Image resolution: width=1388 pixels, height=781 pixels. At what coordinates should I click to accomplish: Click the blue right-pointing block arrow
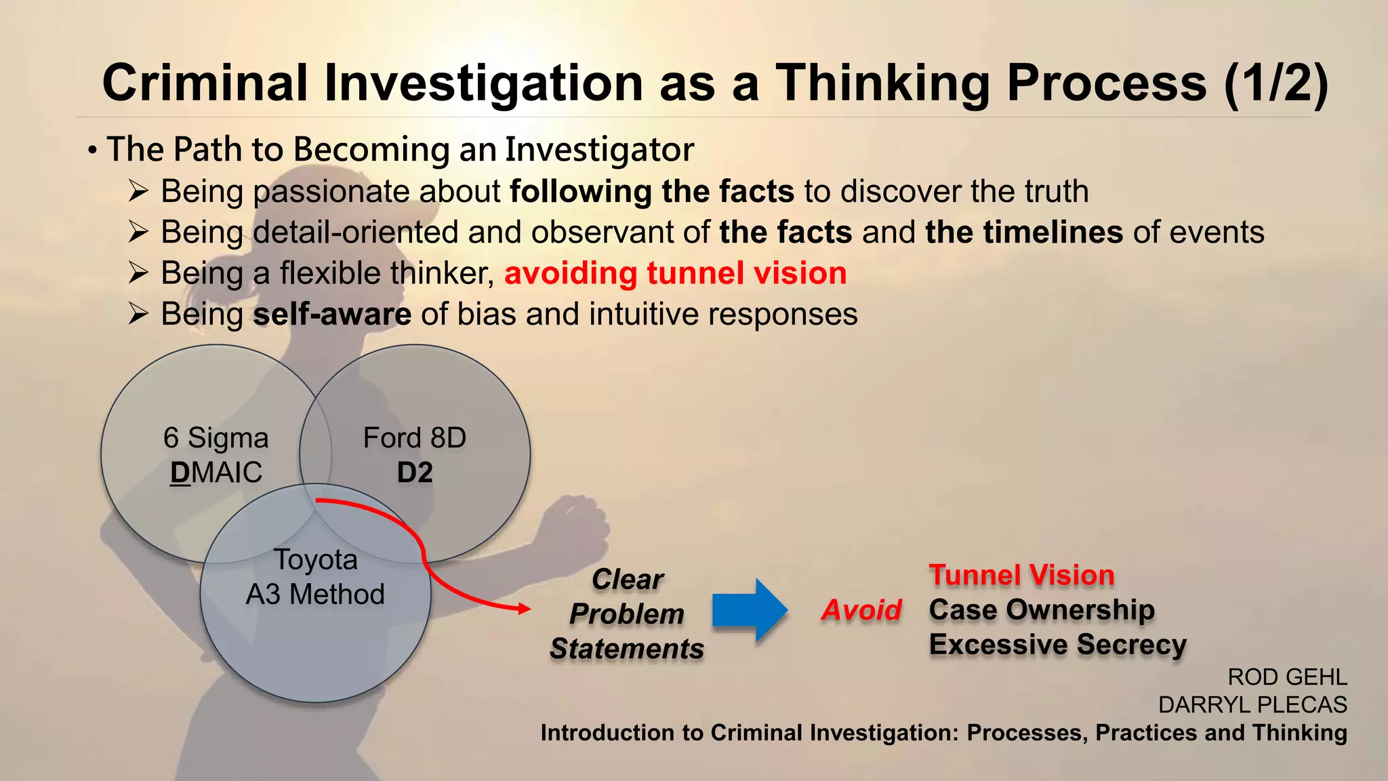click(x=749, y=609)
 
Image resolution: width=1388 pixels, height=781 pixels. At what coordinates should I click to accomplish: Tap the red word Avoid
click(x=861, y=610)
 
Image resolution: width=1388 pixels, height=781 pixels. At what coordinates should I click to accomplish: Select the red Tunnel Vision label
click(x=1021, y=575)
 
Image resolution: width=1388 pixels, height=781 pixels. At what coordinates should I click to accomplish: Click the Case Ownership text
click(x=1042, y=609)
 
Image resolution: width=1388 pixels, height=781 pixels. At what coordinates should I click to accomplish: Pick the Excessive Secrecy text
click(x=1057, y=644)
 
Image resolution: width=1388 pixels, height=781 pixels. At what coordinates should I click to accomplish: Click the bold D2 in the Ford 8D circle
click(x=415, y=473)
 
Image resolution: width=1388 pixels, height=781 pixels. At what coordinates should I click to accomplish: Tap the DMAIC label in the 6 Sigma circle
click(x=216, y=473)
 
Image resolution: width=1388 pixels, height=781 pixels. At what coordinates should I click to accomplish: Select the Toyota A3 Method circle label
click(x=315, y=577)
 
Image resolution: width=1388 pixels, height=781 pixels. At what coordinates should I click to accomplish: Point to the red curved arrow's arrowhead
click(x=525, y=608)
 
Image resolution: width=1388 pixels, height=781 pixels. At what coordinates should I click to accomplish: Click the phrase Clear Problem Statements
click(x=627, y=614)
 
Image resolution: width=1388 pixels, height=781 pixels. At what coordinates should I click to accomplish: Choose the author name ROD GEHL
click(x=1287, y=677)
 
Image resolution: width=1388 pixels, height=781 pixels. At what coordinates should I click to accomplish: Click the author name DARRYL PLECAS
click(x=1252, y=704)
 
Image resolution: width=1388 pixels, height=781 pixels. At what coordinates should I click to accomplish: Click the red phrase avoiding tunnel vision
click(x=675, y=273)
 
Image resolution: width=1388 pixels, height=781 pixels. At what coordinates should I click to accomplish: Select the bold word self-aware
click(x=332, y=315)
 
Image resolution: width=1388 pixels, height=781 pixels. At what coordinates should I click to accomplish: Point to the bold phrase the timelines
click(x=1024, y=233)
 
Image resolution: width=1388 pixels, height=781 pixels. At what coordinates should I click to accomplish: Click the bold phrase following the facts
click(x=651, y=191)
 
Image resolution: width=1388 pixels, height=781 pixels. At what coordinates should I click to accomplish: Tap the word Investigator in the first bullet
click(x=599, y=150)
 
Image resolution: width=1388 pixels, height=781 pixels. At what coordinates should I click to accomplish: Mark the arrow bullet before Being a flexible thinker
click(x=138, y=273)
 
